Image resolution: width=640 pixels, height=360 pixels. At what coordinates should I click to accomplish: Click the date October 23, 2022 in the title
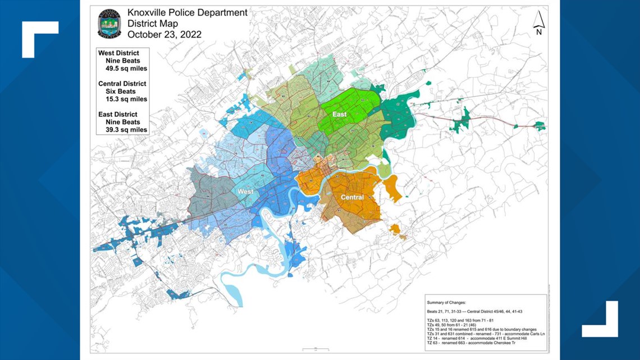point(164,34)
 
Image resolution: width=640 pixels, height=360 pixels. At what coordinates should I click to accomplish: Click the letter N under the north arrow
point(538,32)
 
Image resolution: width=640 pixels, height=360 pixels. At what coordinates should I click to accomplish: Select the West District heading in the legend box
point(118,53)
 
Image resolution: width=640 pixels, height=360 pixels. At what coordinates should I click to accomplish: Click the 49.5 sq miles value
point(126,69)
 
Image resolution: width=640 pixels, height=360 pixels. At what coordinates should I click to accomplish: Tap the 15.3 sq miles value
point(126,99)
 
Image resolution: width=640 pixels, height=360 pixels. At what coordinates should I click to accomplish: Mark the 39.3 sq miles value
point(126,130)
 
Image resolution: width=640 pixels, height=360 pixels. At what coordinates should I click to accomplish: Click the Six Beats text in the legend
point(120,92)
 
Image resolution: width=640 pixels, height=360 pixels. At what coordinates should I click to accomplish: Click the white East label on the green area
point(339,114)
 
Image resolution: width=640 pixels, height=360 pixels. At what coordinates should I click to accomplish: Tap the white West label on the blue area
point(245,192)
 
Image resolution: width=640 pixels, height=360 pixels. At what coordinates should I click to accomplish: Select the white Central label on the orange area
point(352,197)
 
